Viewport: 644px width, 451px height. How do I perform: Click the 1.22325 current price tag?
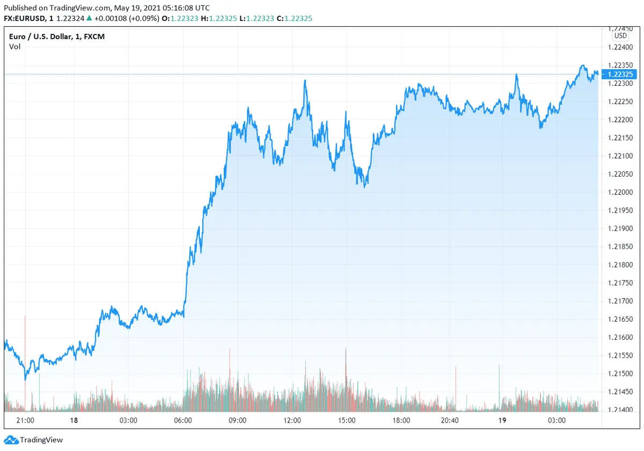pos(620,74)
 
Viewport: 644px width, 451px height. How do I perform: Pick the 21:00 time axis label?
pos(26,420)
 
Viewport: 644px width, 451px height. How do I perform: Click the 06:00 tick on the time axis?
pos(184,420)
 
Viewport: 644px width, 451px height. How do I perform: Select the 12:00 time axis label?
pos(292,420)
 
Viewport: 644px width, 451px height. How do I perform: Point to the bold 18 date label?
pos(74,420)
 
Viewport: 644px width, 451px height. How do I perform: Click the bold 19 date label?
pos(501,420)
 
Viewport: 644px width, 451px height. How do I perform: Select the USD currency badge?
pos(620,36)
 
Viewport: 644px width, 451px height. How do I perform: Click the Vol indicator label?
pos(14,47)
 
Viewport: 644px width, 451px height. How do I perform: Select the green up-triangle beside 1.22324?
pos(89,18)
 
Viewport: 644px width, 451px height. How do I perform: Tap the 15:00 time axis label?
pos(347,420)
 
